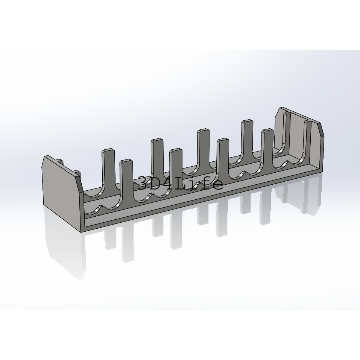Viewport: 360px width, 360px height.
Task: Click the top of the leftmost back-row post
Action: click(x=108, y=150)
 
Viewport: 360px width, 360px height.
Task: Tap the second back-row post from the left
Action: click(x=157, y=158)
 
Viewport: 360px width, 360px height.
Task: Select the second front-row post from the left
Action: click(x=176, y=170)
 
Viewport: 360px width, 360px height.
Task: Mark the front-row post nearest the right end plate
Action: click(x=307, y=140)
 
